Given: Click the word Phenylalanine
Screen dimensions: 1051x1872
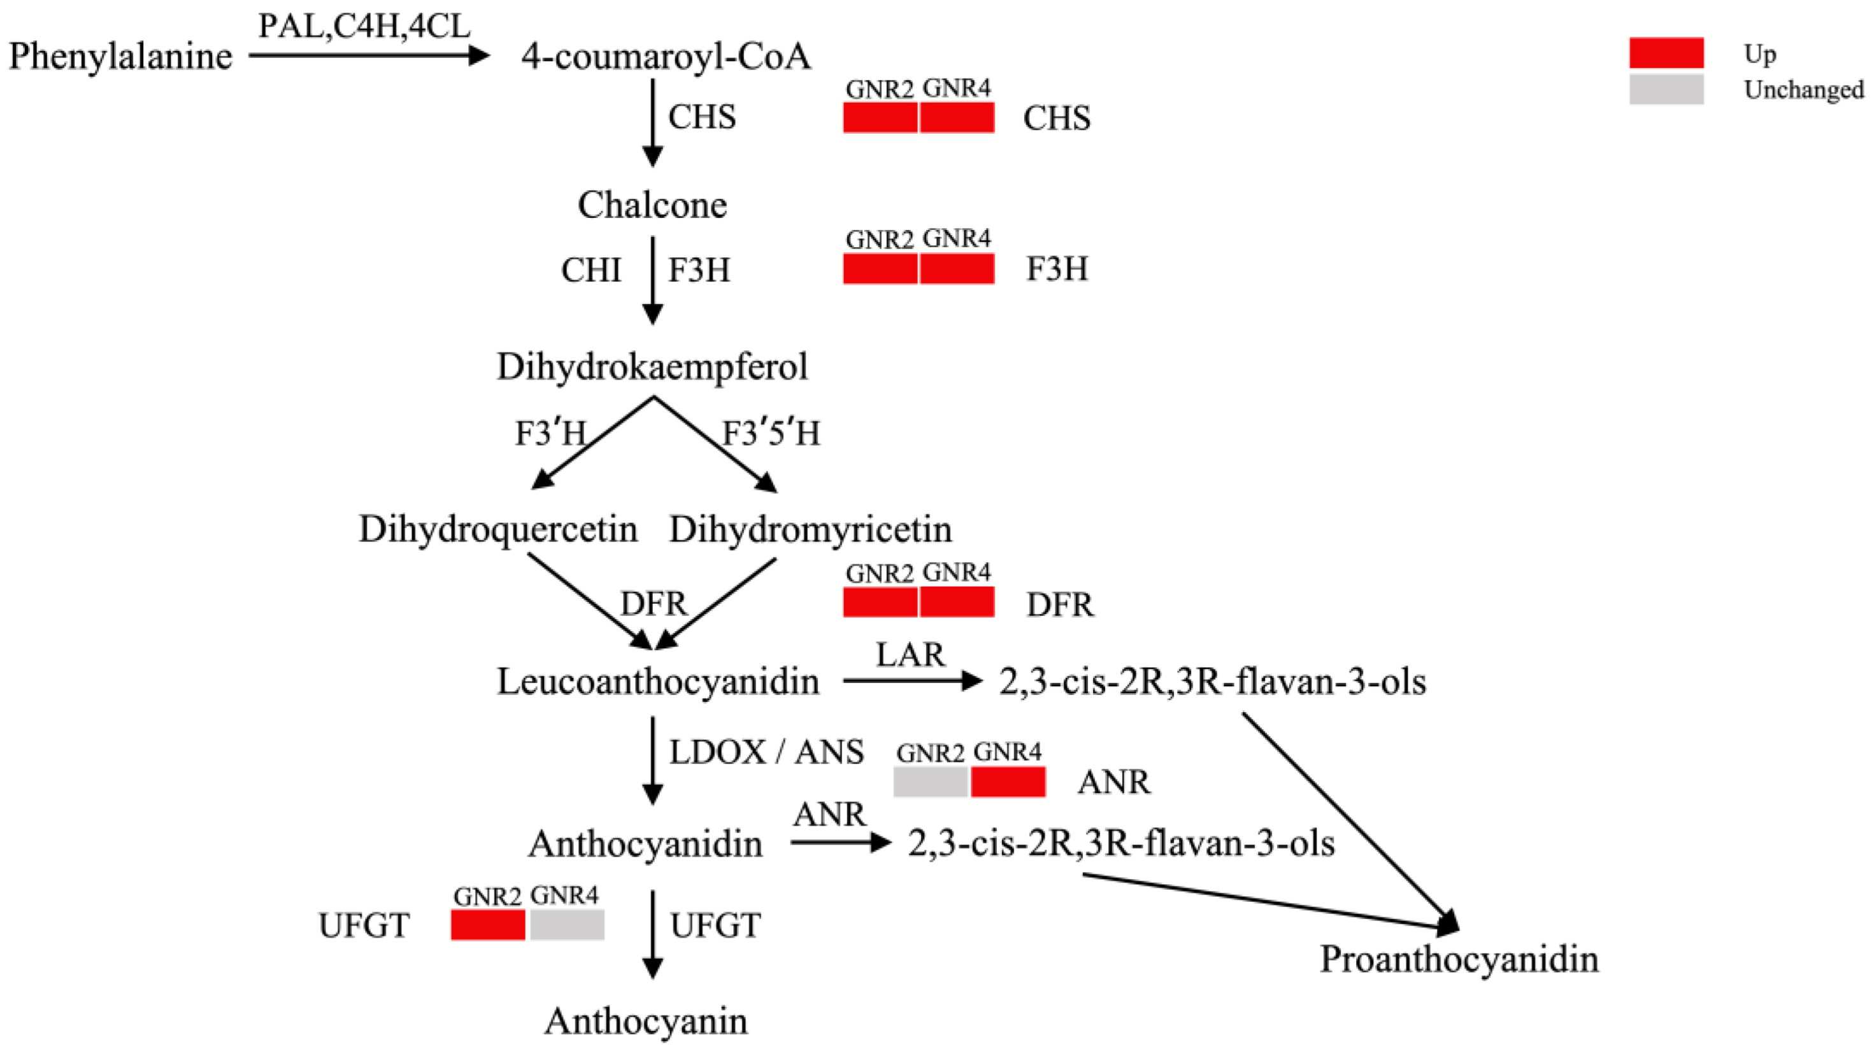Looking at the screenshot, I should coord(120,57).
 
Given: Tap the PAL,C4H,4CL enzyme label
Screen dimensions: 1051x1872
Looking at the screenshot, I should coord(364,27).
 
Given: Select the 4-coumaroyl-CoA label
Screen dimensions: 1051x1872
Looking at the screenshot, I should coord(666,57).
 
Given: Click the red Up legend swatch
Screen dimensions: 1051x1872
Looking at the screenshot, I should coord(1666,53).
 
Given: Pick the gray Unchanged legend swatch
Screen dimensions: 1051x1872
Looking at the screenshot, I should coord(1666,89).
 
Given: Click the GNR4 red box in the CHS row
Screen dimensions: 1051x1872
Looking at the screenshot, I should coord(957,118).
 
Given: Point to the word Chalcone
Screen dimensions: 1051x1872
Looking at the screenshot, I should coord(652,205).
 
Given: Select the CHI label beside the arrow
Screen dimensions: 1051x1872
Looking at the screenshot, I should coord(591,270).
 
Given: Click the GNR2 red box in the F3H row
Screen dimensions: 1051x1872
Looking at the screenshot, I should coord(880,269).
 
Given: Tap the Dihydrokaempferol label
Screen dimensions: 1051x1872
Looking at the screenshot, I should coord(652,366).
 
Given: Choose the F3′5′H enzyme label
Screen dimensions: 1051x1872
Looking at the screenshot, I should coord(771,434).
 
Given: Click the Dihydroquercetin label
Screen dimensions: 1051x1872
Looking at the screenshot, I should coord(498,529).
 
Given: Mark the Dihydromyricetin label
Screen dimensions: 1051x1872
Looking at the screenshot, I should coord(810,529).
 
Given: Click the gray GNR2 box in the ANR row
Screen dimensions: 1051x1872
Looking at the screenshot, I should coord(930,782).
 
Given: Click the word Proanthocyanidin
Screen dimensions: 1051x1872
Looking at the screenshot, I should coord(1459,959).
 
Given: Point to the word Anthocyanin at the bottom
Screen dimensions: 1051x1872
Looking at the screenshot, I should coord(646,1022).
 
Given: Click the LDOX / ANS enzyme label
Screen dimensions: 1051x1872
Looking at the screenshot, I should coord(766,752).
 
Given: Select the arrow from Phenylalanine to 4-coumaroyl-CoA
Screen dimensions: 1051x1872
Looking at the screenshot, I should coord(368,55).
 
